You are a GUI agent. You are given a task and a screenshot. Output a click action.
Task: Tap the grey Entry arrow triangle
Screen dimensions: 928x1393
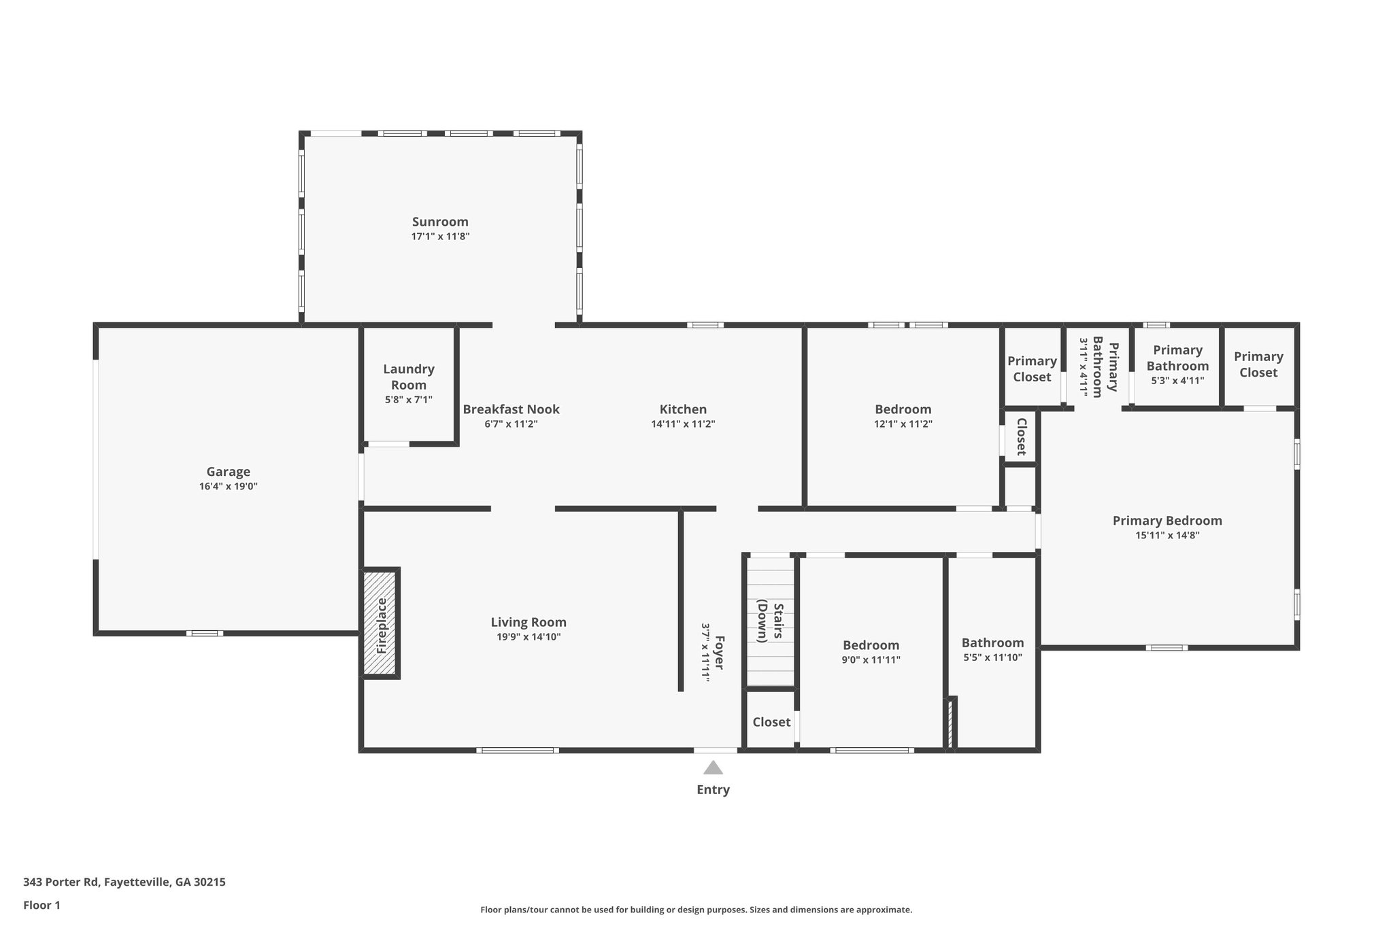coord(713,768)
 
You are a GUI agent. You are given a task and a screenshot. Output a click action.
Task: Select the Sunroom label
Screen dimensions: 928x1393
coord(440,222)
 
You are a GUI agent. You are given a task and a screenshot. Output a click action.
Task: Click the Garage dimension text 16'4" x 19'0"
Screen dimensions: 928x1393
coord(229,486)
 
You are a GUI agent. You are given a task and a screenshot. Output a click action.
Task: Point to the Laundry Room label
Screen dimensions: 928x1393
coord(408,377)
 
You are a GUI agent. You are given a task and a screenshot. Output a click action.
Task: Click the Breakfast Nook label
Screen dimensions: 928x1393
coord(511,409)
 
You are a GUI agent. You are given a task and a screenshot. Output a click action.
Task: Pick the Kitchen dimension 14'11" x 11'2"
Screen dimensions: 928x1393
coord(683,424)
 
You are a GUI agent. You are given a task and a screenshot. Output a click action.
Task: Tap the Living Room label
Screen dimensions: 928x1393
coord(528,622)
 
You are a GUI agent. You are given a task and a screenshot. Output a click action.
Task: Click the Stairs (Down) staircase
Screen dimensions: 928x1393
coord(770,622)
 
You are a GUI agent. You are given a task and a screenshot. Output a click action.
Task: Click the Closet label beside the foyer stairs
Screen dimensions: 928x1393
coord(771,722)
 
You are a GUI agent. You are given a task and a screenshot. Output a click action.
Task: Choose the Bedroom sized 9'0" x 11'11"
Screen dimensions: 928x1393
coord(871,645)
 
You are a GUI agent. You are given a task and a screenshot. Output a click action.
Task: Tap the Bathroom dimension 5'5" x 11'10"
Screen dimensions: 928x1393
coord(992,657)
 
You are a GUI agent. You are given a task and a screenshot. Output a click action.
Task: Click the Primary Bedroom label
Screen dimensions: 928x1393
coord(1167,521)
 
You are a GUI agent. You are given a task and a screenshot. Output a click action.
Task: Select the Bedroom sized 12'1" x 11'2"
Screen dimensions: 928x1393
coord(903,409)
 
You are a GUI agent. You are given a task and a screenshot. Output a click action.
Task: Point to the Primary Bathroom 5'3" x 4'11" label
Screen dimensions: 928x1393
coord(1177,358)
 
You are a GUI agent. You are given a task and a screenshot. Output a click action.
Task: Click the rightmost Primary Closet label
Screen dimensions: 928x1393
coord(1258,364)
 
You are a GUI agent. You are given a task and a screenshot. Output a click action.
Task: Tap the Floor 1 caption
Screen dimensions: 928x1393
coord(41,905)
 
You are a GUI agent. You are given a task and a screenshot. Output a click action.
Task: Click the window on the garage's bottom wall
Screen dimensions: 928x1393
coord(205,633)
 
